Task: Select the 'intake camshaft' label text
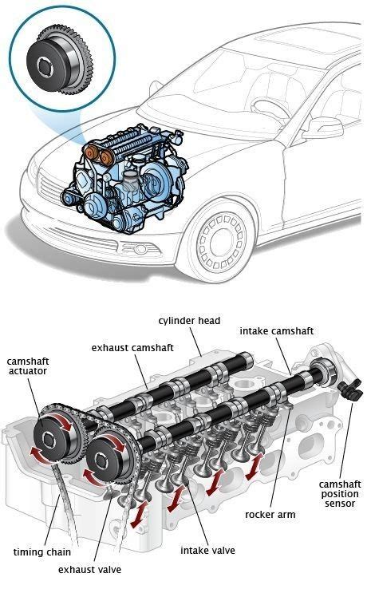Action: pyautogui.click(x=276, y=330)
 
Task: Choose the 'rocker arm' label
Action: pyautogui.click(x=270, y=515)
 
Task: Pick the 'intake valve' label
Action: pyautogui.click(x=207, y=550)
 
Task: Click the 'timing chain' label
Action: pyautogui.click(x=41, y=551)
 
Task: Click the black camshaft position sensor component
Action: pyautogui.click(x=348, y=392)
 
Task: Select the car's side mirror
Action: pyautogui.click(x=323, y=128)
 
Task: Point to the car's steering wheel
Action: pyautogui.click(x=271, y=109)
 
